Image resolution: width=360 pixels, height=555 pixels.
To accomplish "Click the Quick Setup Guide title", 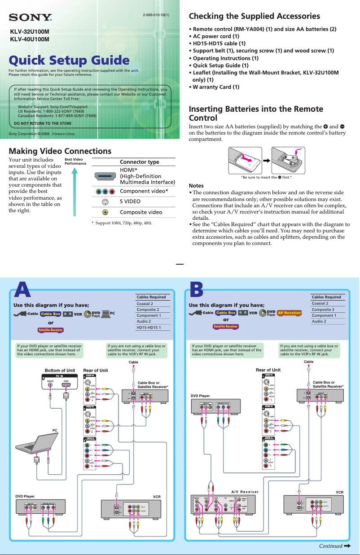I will click(70, 60).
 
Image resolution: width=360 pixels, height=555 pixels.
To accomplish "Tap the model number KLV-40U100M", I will click(30, 39).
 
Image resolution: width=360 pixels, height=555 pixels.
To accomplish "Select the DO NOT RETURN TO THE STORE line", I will click(43, 123).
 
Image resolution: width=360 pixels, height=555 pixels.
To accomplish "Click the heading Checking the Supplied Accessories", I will click(254, 16).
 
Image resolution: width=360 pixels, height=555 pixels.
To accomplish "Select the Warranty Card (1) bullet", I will click(214, 87).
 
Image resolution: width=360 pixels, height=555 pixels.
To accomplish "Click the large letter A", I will click(23, 289).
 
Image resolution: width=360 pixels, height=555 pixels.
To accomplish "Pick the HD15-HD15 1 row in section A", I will click(149, 328).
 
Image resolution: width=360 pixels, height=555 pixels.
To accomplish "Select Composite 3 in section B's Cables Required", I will click(323, 310).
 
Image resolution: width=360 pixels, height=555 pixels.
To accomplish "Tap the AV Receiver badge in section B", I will click(289, 313).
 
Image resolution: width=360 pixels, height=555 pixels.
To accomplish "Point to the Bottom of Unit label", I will click(60, 370).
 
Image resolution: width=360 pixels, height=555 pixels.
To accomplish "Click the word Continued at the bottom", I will click(330, 546).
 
